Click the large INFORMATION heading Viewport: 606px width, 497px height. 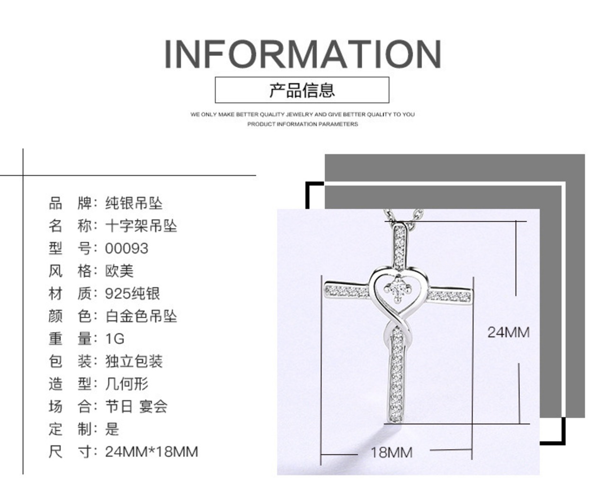pyautogui.click(x=303, y=54)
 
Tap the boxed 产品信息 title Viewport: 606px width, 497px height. pyautogui.click(x=302, y=90)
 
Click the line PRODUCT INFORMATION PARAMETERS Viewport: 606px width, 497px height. pyautogui.click(x=303, y=124)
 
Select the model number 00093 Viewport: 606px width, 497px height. pyautogui.click(x=126, y=248)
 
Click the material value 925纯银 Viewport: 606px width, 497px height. pyautogui.click(x=133, y=294)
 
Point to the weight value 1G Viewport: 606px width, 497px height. pyautogui.click(x=115, y=339)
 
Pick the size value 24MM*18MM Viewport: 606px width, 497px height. pyautogui.click(x=151, y=452)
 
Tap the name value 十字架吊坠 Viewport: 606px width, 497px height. pyautogui.click(x=141, y=226)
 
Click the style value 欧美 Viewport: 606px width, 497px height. pyautogui.click(x=119, y=271)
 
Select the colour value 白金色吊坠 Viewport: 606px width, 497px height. pyautogui.click(x=141, y=316)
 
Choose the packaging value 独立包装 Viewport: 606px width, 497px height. pyautogui.click(x=134, y=361)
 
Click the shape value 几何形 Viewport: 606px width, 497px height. pyautogui.click(x=127, y=384)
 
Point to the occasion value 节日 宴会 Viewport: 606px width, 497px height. pyautogui.click(x=136, y=406)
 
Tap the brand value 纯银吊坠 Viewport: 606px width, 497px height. pyautogui.click(x=134, y=203)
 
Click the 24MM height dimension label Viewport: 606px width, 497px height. pyautogui.click(x=508, y=332)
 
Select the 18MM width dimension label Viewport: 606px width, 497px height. pyautogui.click(x=392, y=453)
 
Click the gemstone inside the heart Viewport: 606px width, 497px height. pyautogui.click(x=397, y=287)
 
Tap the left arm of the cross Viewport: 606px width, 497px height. pyautogui.click(x=346, y=292)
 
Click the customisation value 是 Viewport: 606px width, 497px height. pyautogui.click(x=112, y=429)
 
